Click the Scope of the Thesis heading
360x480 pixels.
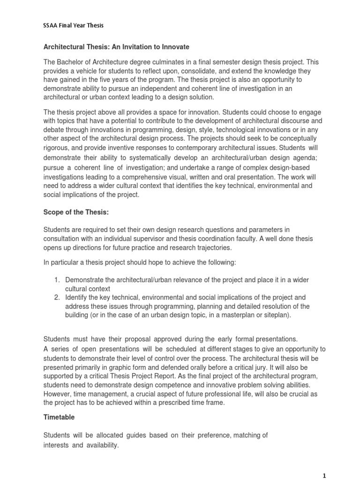[x=76, y=212]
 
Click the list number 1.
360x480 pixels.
[x=56, y=280]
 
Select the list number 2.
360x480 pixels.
[x=56, y=297]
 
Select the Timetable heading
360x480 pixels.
[x=59, y=416]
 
